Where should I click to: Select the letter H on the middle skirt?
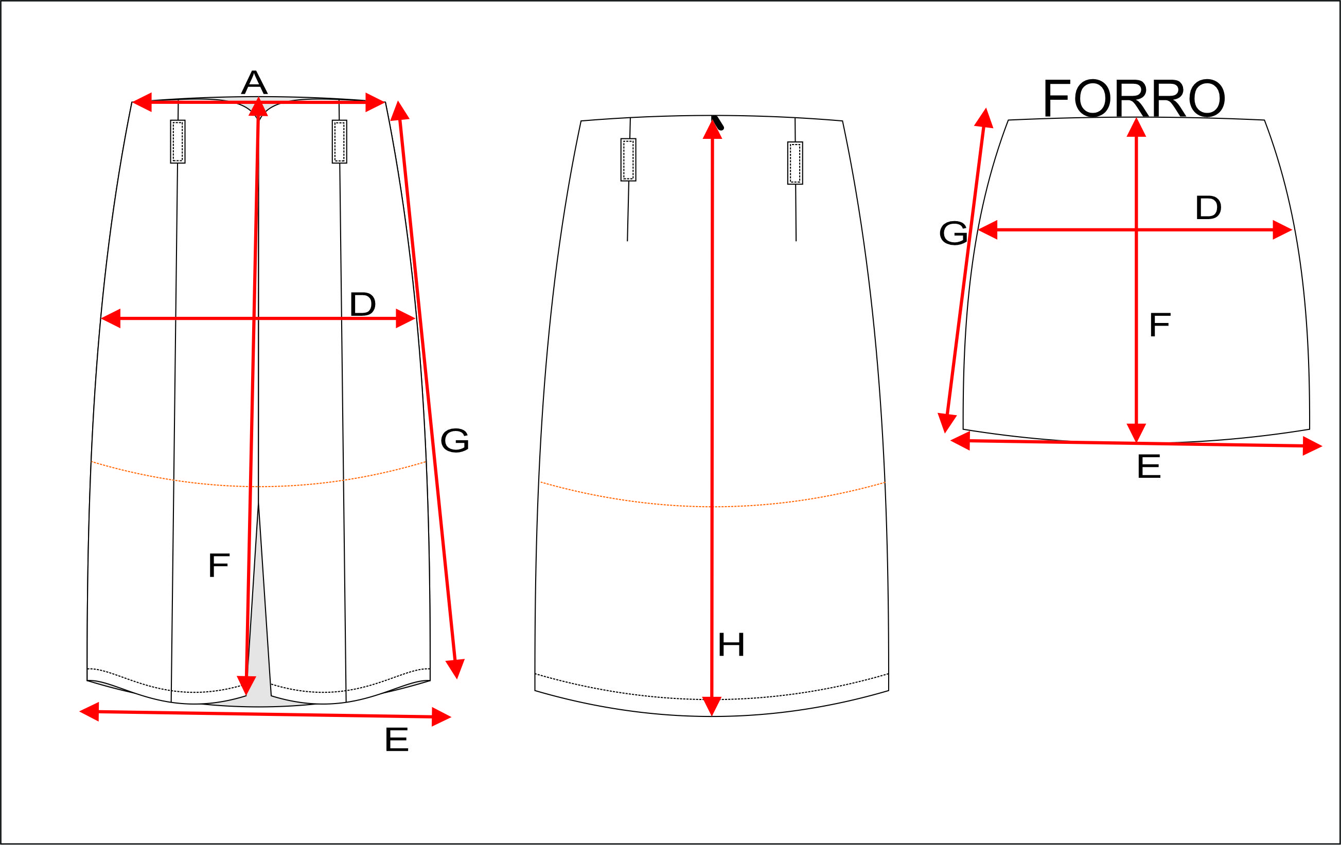[731, 645]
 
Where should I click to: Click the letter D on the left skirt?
[363, 304]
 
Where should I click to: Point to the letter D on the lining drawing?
[1208, 208]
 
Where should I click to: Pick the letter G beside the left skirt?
[454, 440]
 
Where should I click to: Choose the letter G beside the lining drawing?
[954, 232]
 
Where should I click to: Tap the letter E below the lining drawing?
[1149, 466]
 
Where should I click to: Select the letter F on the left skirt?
[219, 566]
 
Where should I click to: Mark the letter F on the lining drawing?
[1160, 325]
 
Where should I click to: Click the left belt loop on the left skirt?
[178, 141]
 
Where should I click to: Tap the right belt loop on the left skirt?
[339, 141]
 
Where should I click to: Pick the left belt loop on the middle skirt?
[628, 160]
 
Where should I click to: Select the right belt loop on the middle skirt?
[795, 163]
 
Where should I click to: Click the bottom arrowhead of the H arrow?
[712, 706]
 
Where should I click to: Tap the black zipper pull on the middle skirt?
[718, 122]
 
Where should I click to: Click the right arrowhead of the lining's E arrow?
[1312, 446]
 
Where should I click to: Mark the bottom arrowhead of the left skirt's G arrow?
[455, 669]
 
